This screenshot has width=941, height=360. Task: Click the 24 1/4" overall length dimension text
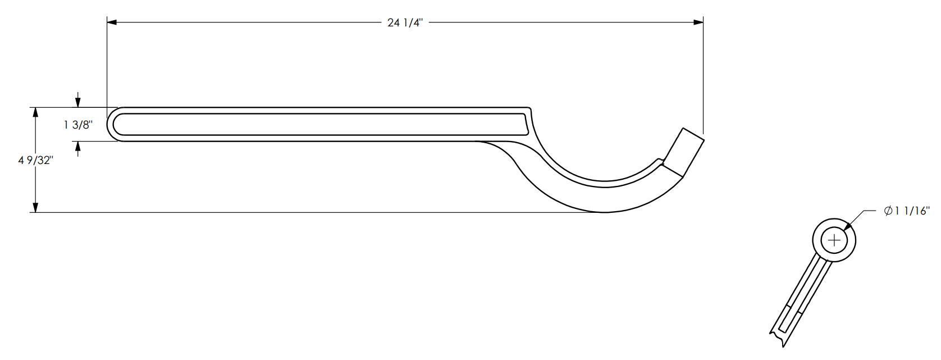[x=405, y=22]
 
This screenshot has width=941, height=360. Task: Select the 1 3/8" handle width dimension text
[x=78, y=125]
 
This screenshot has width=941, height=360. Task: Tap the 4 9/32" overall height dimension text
[x=36, y=160]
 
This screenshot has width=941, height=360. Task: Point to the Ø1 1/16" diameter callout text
[x=907, y=211]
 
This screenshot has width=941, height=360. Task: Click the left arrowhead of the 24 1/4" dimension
[x=112, y=22]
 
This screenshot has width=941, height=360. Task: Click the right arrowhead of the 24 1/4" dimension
[x=698, y=22]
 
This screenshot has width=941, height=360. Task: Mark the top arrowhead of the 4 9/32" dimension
[x=36, y=112]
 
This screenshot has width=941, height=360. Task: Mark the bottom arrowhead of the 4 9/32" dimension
[x=36, y=207]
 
